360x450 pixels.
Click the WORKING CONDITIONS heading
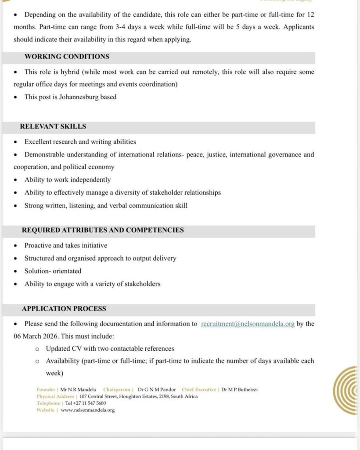67,57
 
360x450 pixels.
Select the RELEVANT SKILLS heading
53,127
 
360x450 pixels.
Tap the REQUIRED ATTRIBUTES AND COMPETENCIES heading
103,230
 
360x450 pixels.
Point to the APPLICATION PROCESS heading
64,309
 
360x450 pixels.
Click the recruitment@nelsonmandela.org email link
248,324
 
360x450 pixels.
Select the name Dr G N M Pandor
157,389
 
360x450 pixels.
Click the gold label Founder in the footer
46,389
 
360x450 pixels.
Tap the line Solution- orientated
53,271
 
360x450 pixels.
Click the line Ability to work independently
68,180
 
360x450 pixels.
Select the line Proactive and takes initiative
66,246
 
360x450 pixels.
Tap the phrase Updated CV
61,348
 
